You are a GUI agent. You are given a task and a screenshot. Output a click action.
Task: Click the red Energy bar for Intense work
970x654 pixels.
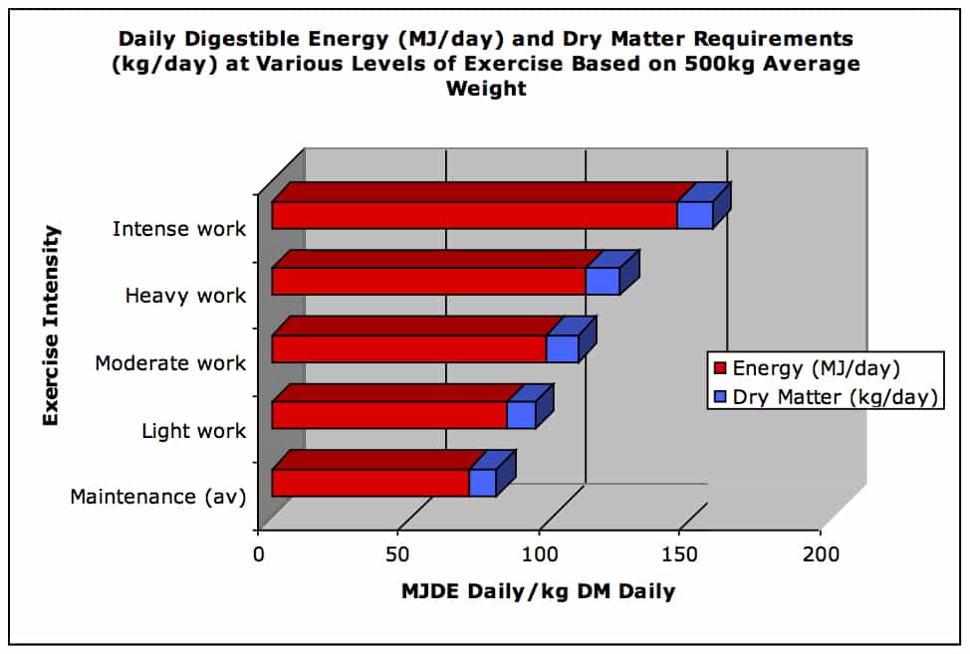474,215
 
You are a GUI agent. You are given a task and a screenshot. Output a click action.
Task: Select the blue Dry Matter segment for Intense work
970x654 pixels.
695,215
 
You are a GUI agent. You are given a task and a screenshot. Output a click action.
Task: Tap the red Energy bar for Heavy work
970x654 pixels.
428,282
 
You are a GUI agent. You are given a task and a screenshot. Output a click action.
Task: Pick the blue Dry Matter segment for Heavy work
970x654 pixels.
603,282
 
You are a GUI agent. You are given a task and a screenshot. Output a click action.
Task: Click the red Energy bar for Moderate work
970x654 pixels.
408,349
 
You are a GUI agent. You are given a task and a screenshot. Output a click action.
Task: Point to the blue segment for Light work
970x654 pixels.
521,416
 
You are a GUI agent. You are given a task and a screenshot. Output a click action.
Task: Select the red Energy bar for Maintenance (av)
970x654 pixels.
370,483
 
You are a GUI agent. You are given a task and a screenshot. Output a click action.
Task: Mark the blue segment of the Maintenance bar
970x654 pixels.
483,483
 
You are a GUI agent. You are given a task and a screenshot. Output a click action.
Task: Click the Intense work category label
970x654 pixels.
178,229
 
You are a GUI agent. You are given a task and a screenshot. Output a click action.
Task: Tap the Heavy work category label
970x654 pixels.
185,296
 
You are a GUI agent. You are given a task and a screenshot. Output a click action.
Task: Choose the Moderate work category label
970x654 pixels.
170,363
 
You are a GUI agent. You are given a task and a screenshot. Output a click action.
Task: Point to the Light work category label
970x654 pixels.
193,431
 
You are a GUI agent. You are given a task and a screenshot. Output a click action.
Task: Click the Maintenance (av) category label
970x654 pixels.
157,496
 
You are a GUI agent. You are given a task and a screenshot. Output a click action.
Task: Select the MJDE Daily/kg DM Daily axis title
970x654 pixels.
538,591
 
